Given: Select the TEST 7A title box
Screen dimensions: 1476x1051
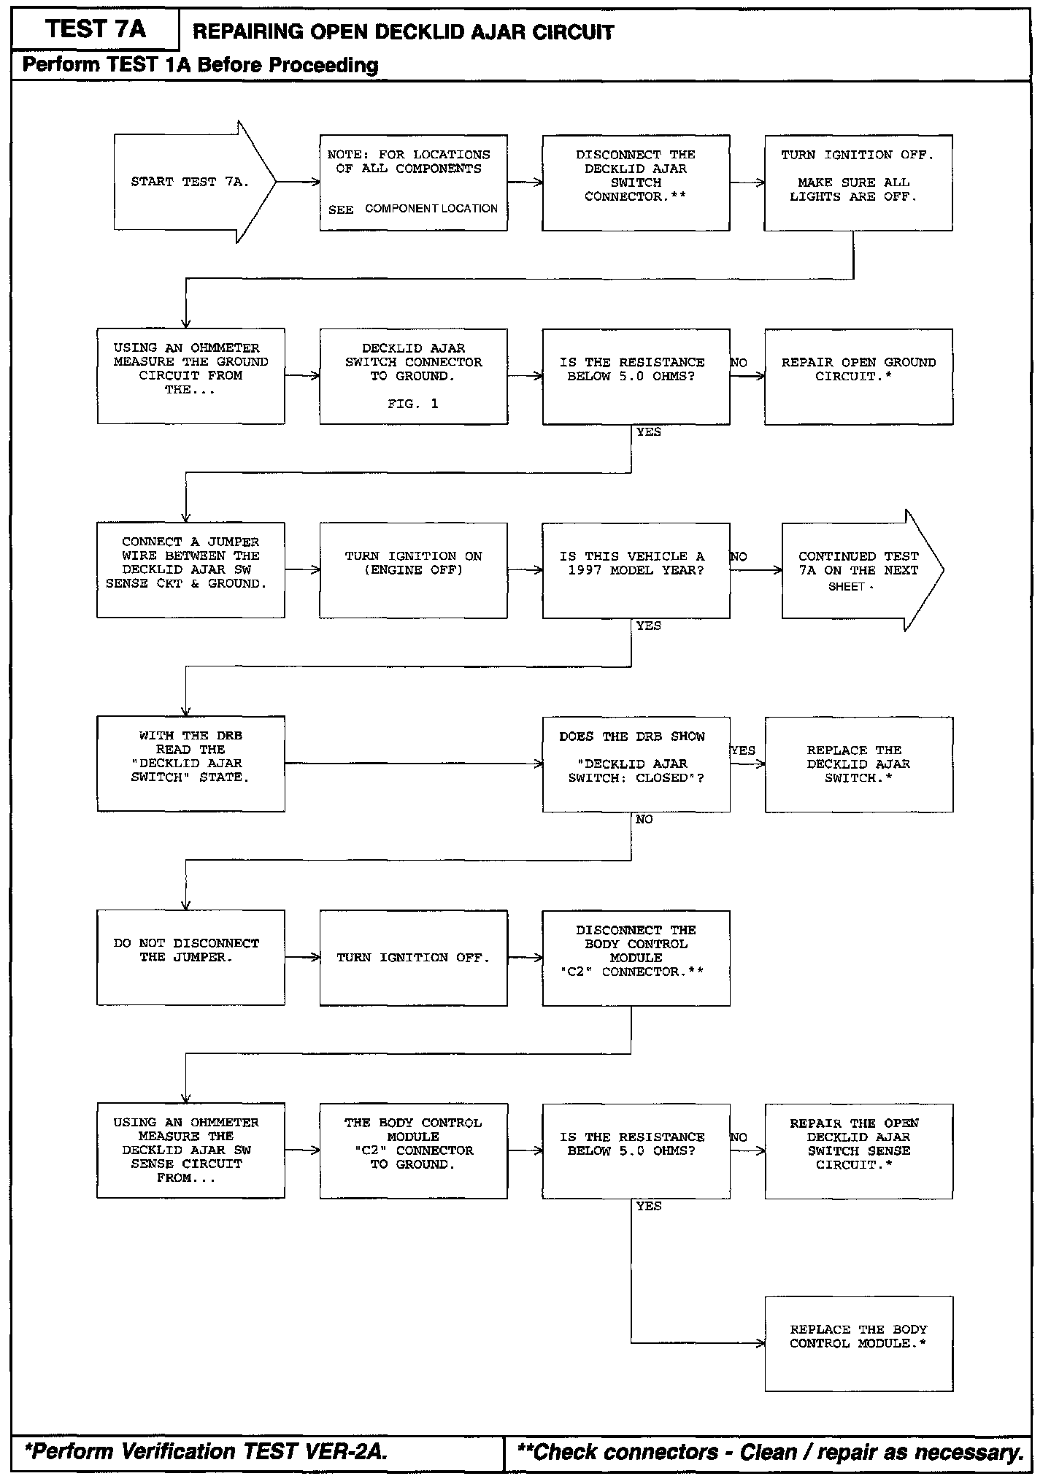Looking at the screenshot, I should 95,29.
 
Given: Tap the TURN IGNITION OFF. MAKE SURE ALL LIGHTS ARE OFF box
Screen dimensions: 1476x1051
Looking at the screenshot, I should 858,182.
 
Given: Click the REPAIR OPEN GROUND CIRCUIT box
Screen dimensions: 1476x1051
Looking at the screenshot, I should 858,376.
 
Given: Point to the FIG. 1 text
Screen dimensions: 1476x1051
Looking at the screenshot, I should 413,404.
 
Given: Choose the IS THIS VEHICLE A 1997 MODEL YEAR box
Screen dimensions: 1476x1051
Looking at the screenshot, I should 636,570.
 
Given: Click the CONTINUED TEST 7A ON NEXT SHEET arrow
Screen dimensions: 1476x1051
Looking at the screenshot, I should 858,570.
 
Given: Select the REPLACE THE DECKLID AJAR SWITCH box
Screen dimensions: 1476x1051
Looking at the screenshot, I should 858,764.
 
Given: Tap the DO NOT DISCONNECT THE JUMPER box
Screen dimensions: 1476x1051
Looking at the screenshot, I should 190,957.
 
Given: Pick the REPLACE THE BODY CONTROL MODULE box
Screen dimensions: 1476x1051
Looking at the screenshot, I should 858,1343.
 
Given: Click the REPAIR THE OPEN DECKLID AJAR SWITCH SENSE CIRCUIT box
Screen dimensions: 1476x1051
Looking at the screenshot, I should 858,1150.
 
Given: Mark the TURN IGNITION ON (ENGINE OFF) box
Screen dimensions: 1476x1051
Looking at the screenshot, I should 413,570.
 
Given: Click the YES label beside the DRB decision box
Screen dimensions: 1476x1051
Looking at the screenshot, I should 743,750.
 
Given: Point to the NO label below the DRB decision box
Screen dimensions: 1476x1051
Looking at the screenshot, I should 644,820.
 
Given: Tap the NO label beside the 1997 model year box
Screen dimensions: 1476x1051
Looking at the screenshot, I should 739,557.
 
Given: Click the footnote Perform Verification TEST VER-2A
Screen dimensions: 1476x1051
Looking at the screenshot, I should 206,1452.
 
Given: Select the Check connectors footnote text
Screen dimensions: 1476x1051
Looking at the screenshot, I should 769,1452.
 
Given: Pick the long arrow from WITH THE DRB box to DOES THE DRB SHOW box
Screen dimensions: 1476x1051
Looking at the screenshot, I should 413,764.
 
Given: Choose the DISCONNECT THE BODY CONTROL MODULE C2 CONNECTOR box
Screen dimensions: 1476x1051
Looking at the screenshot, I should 636,957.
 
